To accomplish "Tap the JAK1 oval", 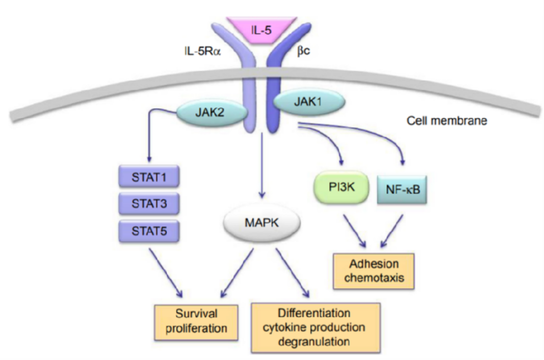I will click(309, 103).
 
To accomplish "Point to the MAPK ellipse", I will click(261, 223).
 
